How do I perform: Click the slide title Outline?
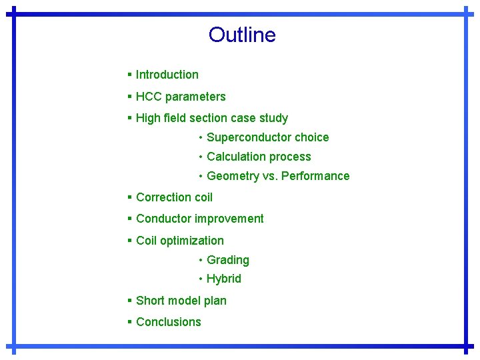241,35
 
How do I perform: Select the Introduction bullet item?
167,75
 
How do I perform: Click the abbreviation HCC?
149,97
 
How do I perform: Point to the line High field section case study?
211,118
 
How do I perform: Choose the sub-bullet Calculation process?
259,157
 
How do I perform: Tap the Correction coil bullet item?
174,197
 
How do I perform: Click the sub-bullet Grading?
228,260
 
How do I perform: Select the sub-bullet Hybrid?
224,279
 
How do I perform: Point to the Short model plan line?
181,301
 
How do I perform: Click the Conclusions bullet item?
168,322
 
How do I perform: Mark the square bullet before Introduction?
129,75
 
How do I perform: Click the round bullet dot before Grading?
200,260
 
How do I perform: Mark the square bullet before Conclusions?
129,322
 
